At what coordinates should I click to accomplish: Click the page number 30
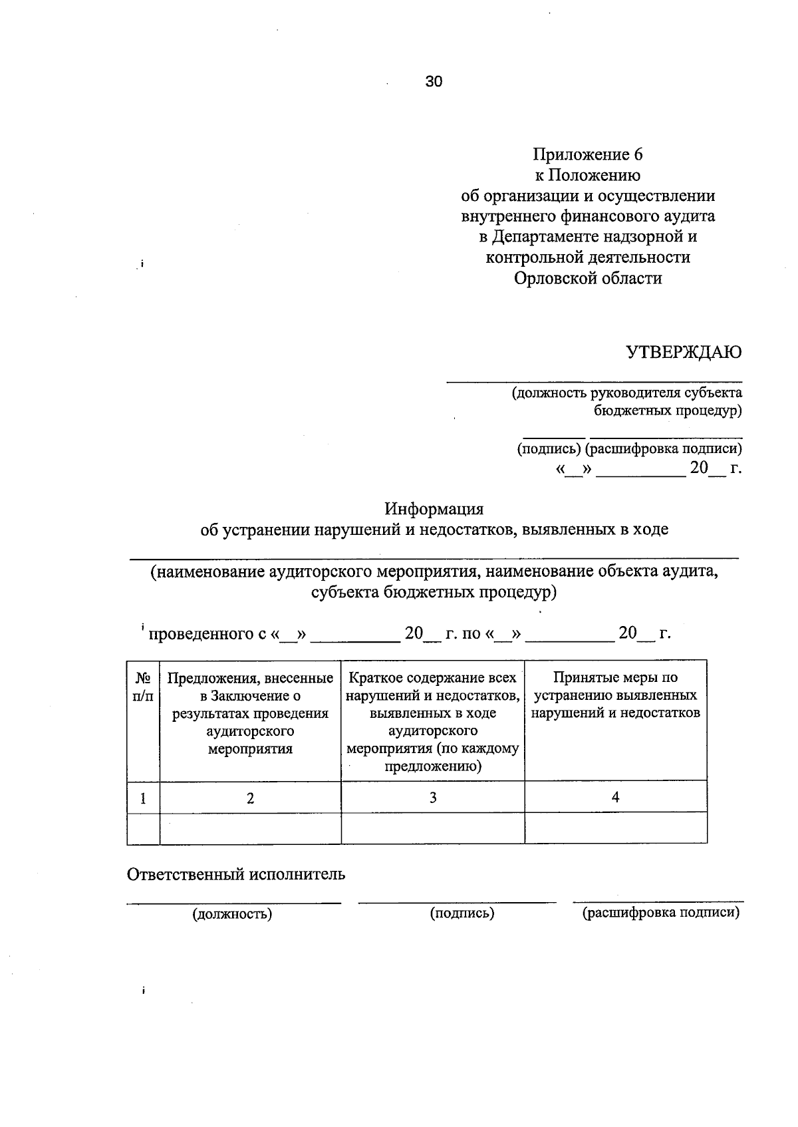pyautogui.click(x=434, y=82)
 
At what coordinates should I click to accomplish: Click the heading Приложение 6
pyautogui.click(x=587, y=155)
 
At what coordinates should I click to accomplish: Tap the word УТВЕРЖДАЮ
pyautogui.click(x=684, y=353)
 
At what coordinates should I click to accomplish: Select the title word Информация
pyautogui.click(x=434, y=509)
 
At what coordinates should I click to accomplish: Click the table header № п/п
pyautogui.click(x=143, y=687)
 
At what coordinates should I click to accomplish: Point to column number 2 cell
pyautogui.click(x=250, y=798)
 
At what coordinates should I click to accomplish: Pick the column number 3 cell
pyautogui.click(x=433, y=798)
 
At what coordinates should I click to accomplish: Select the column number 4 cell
pyautogui.click(x=616, y=797)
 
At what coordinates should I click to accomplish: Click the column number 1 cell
pyautogui.click(x=143, y=798)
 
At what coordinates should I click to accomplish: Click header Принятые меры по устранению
pyautogui.click(x=616, y=695)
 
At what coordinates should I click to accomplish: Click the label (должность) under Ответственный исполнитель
pyautogui.click(x=233, y=914)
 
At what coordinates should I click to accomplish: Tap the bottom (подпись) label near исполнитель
pyautogui.click(x=462, y=913)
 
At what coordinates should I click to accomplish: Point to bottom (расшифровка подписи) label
pyautogui.click(x=661, y=913)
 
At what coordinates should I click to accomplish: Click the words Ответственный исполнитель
pyautogui.click(x=236, y=874)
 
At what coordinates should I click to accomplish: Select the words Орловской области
pyautogui.click(x=588, y=278)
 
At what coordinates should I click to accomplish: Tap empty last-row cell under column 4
pyautogui.click(x=616, y=828)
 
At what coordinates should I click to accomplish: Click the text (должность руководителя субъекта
pyautogui.click(x=626, y=393)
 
